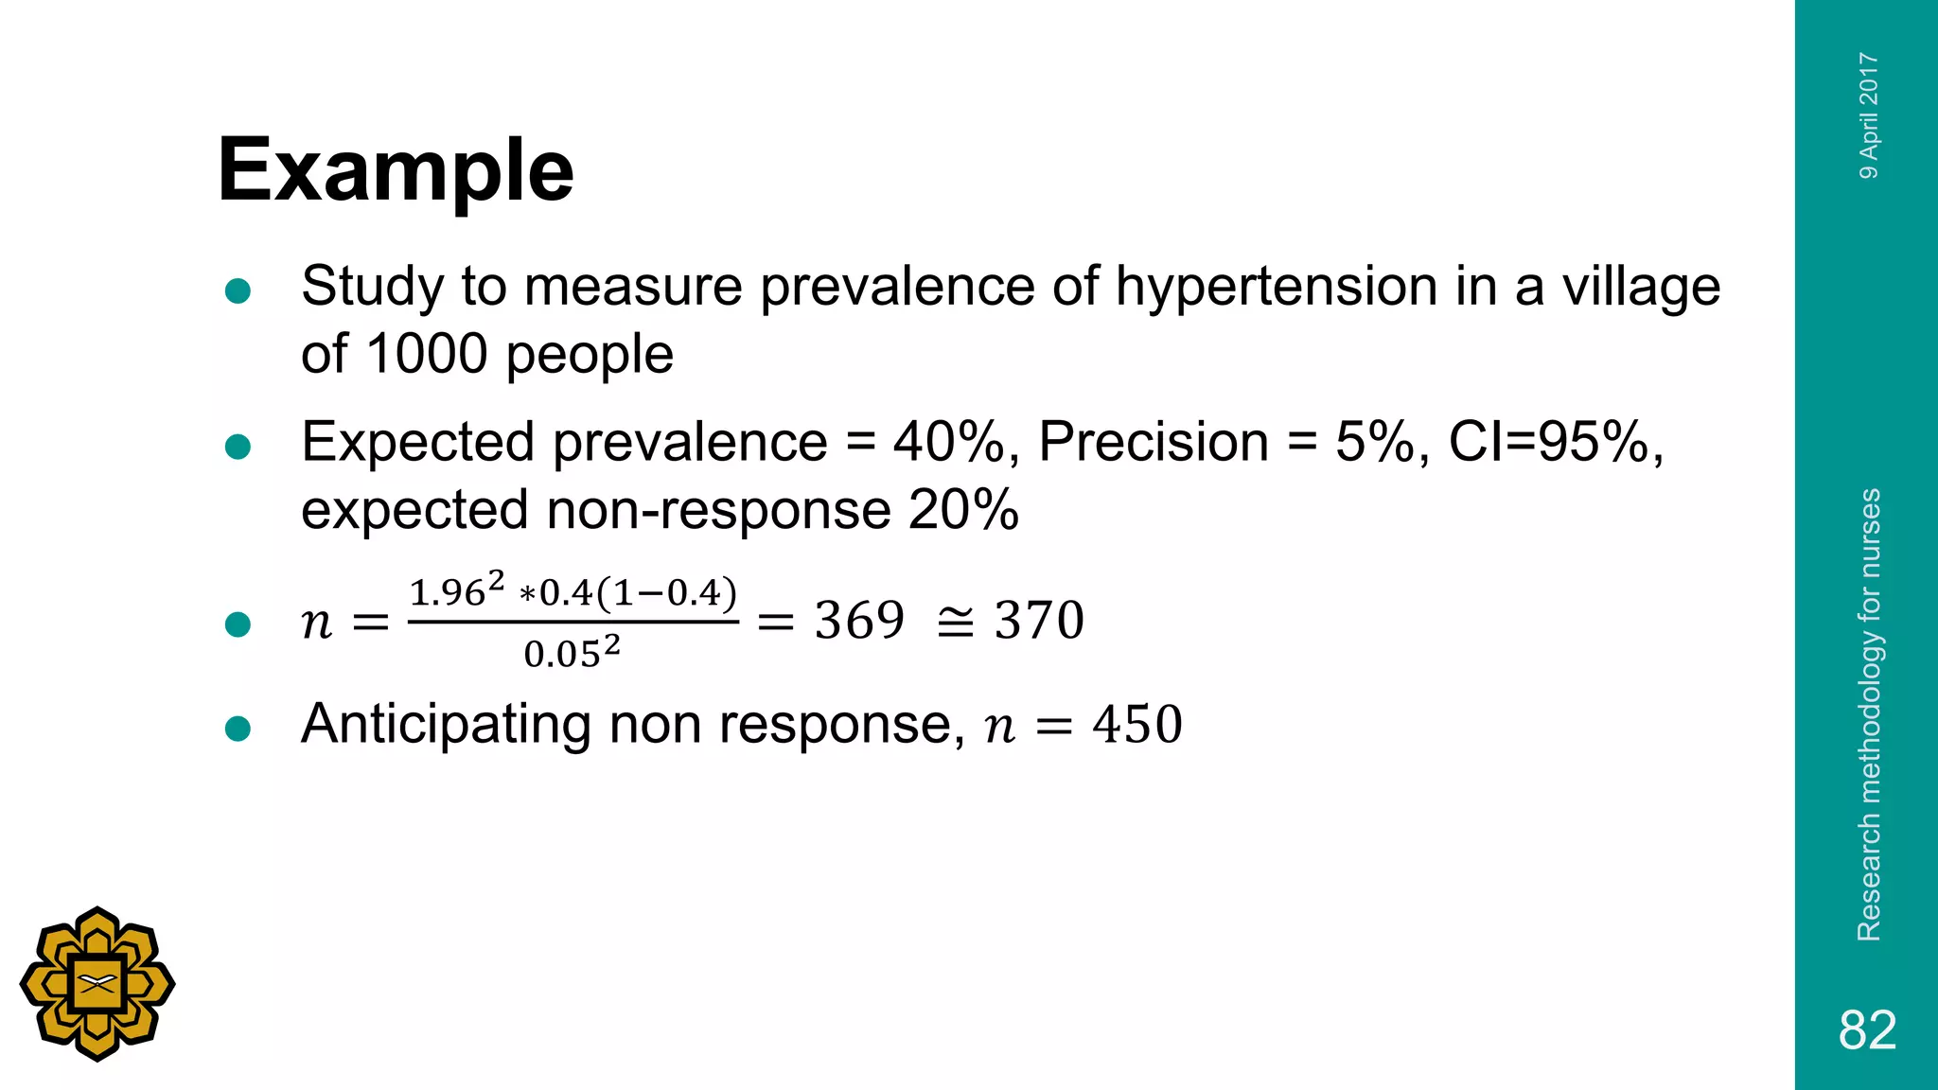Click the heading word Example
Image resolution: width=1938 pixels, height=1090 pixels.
pos(396,171)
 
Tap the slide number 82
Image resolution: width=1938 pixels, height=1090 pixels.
pos(1867,1029)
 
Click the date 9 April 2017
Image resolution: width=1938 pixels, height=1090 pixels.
pos(1869,115)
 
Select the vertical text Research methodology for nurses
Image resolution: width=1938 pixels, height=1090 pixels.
pos(1869,714)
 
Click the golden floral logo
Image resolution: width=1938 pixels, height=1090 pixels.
pos(97,984)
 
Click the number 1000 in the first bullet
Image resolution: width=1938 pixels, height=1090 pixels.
pos(426,354)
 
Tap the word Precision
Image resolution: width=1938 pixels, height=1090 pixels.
pos(1154,442)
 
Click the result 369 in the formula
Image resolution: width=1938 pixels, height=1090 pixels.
pos(859,621)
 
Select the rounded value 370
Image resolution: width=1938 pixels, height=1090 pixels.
pos(1039,621)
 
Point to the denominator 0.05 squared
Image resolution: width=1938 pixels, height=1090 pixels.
pos(572,653)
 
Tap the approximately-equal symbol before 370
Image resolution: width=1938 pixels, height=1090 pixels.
pos(954,622)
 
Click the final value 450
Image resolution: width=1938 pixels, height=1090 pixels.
pos(1136,725)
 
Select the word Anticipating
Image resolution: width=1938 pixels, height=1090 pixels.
pos(446,726)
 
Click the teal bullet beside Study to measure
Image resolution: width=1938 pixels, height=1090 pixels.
pos(238,290)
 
